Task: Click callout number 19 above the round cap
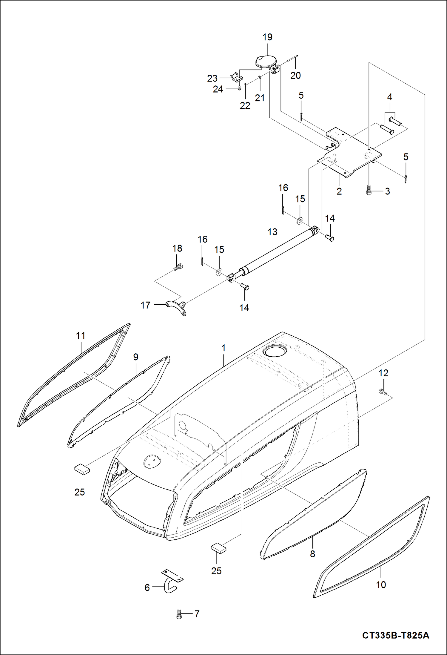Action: [x=267, y=37]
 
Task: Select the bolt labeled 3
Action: [x=369, y=190]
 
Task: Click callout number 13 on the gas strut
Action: [x=272, y=232]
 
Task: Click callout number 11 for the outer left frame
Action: [x=81, y=336]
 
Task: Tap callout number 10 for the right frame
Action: [x=381, y=585]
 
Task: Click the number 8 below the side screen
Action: [x=312, y=554]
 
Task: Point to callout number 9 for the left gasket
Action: [x=136, y=357]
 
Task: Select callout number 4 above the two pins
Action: [x=390, y=97]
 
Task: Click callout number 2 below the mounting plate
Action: [x=339, y=191]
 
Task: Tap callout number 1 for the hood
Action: [x=224, y=348]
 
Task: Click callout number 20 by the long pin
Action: [x=295, y=76]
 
